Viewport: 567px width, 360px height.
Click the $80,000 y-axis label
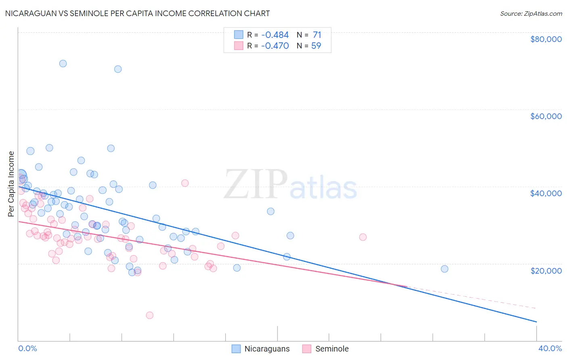(x=546, y=39)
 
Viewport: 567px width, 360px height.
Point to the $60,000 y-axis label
(x=546, y=116)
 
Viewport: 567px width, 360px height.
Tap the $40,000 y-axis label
(x=546, y=193)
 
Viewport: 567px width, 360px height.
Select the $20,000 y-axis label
(x=546, y=270)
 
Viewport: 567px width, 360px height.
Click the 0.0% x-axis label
(x=27, y=348)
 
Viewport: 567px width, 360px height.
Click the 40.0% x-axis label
(x=550, y=348)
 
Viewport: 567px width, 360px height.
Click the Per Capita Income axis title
(x=11, y=184)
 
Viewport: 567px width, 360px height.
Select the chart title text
(x=138, y=13)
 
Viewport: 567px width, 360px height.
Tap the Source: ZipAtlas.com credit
(x=531, y=13)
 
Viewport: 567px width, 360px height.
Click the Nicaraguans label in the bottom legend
(x=267, y=349)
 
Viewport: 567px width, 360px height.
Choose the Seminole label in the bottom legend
(x=331, y=349)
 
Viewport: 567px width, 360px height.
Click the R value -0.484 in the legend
(x=275, y=35)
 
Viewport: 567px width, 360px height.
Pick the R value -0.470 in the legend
(x=275, y=46)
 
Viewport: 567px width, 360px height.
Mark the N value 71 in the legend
(x=317, y=35)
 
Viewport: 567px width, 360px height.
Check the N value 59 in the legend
(x=316, y=46)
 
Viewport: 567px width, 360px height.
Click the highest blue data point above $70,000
(x=63, y=63)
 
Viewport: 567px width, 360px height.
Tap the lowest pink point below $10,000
(x=150, y=315)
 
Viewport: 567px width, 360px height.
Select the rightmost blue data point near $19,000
(x=444, y=269)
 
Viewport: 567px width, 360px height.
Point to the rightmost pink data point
(x=363, y=237)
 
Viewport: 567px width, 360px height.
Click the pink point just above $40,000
(x=185, y=183)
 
